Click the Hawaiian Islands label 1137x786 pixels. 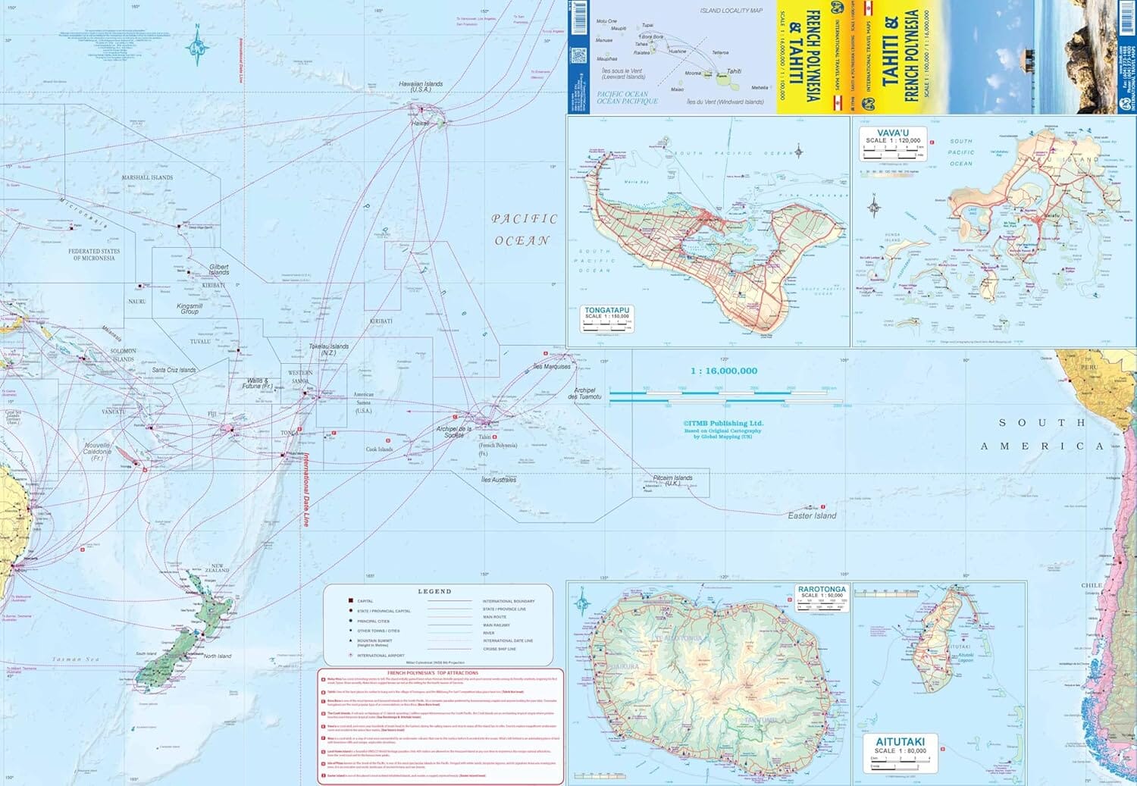(421, 86)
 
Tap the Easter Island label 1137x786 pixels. (812, 515)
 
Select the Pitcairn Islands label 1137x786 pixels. (672, 480)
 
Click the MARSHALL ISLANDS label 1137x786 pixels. (147, 177)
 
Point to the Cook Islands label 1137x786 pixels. (380, 449)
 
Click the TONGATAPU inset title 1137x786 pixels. (606, 310)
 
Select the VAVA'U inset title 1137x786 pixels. (892, 133)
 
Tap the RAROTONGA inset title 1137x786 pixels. (822, 589)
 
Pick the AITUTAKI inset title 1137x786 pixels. (900, 741)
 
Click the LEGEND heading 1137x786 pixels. (434, 591)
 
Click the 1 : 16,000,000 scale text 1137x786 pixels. (723, 371)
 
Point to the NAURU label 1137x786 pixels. (136, 302)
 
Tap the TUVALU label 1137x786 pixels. (200, 342)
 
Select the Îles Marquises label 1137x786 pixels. (552, 367)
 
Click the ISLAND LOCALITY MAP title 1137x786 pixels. (731, 11)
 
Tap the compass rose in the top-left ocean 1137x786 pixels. (198, 46)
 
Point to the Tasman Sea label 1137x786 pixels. (76, 659)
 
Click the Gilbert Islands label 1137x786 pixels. (218, 270)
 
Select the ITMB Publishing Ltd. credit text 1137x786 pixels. (723, 424)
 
